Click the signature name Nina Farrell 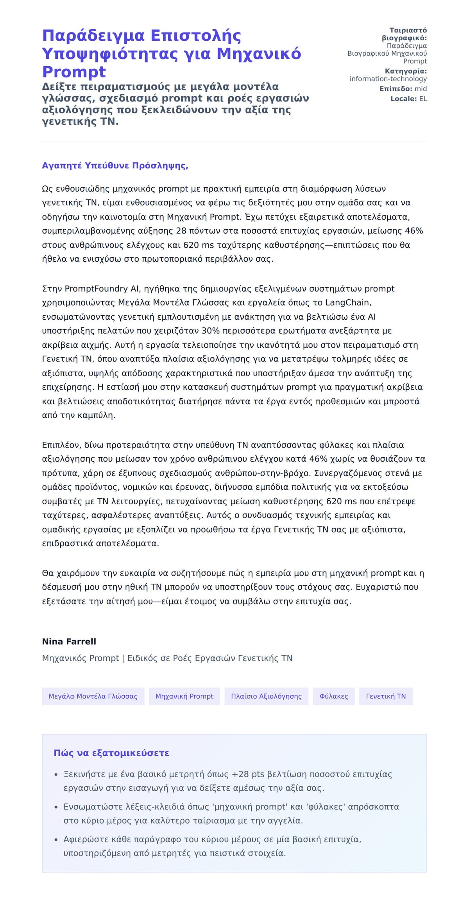pos(69,642)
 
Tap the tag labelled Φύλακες pos(333,696)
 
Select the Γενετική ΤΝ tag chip pos(386,696)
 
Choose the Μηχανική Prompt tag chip pos(184,696)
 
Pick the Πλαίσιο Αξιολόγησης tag pos(266,696)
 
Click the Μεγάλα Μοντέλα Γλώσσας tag pos(93,696)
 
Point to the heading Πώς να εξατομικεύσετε pos(111,753)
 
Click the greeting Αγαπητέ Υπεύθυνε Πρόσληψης pos(115,165)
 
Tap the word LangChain pos(347,302)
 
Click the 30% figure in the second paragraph pos(211,331)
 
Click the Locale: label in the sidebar pos(404,99)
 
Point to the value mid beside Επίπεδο pos(421,89)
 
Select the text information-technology pos(388,79)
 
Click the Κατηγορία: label pos(406,71)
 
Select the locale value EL pos(423,99)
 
